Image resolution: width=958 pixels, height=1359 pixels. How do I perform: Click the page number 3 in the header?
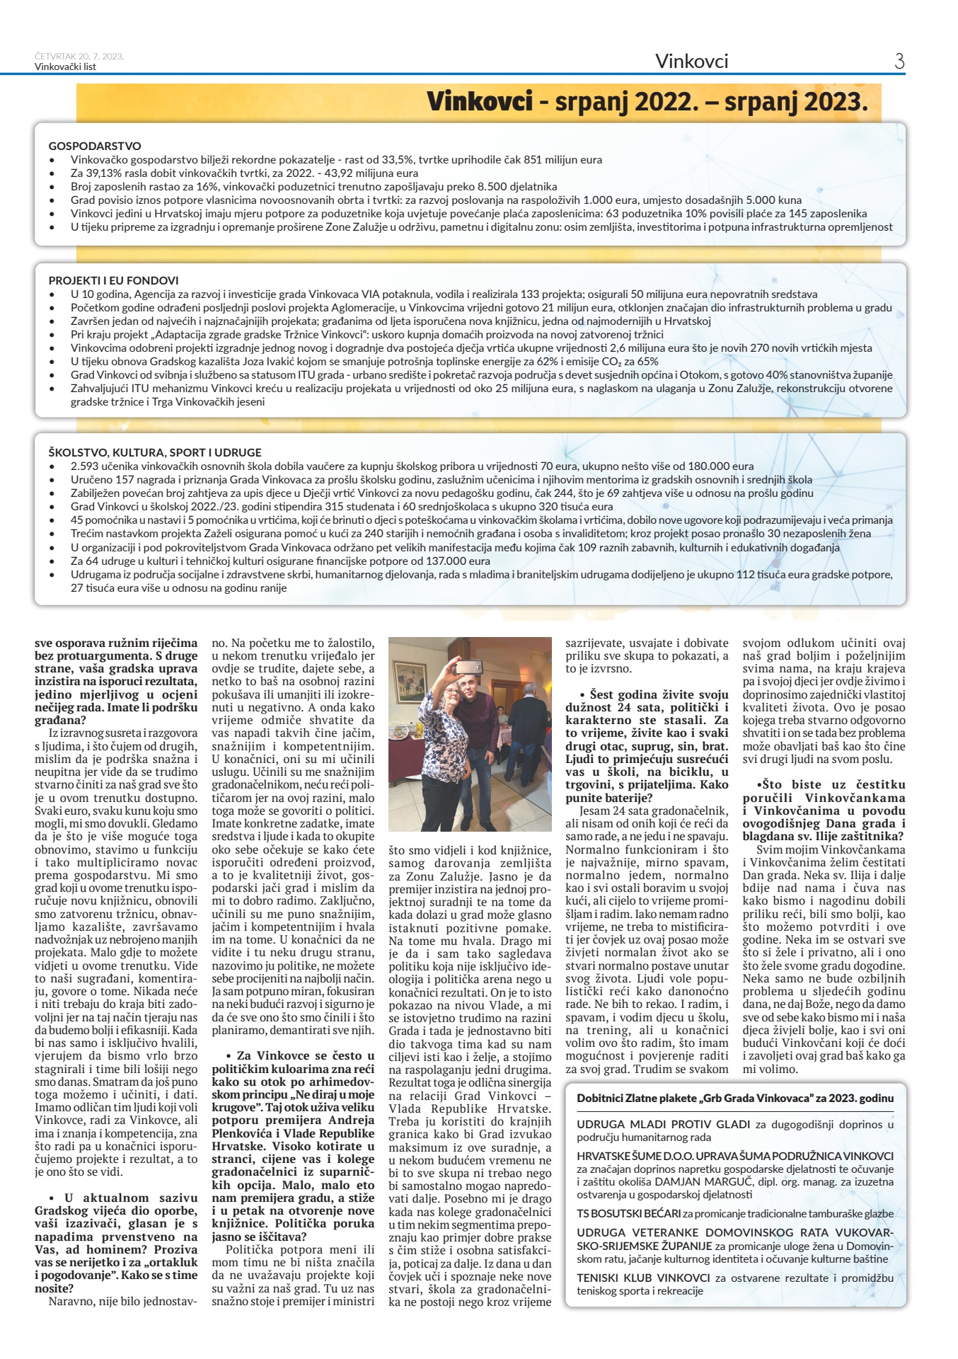(899, 62)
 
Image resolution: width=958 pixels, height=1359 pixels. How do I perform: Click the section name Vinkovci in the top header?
(691, 62)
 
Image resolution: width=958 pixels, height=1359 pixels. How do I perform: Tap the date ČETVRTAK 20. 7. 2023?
(79, 57)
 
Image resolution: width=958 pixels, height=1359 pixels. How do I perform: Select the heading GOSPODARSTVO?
(95, 146)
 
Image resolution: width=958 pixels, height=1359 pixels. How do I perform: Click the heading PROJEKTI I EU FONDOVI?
(113, 280)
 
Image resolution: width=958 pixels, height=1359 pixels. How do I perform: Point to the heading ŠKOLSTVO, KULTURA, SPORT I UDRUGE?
(155, 452)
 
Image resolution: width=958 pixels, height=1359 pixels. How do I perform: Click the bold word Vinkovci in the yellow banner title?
(479, 102)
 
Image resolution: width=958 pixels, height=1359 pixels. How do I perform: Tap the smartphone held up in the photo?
(468, 667)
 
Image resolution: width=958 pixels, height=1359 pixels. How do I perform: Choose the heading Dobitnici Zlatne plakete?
(734, 1098)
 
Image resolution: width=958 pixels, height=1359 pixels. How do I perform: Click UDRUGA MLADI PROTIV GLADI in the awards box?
(663, 1124)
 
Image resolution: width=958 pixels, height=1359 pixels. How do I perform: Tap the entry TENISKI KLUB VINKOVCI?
(643, 1278)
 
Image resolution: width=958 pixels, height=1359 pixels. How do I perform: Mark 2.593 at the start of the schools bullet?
(85, 466)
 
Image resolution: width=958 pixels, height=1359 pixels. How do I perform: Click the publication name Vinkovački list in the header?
(65, 67)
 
